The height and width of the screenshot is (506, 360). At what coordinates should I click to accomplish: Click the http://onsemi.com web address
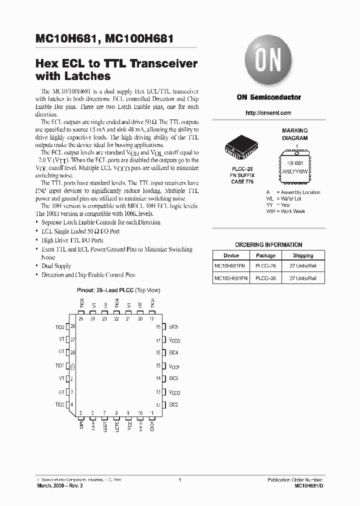[x=268, y=113]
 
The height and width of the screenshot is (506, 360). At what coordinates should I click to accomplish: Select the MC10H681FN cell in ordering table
[x=230, y=266]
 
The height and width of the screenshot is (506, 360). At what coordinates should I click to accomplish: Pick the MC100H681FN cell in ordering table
[x=230, y=278]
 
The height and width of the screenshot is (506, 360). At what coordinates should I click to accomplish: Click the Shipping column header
[x=303, y=255]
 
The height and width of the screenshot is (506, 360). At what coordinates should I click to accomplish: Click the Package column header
[x=265, y=255]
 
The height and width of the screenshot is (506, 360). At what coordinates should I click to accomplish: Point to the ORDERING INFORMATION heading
[x=268, y=245]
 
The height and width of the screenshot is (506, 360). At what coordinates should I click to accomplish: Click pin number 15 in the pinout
[x=158, y=366]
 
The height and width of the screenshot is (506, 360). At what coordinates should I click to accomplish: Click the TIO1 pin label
[x=59, y=366]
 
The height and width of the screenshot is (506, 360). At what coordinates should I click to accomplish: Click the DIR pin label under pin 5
[x=81, y=425]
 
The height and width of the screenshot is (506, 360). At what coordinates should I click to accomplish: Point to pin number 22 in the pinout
[x=116, y=318]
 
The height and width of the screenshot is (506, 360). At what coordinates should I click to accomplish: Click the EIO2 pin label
[x=173, y=404]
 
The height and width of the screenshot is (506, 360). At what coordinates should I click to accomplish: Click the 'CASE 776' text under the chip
[x=242, y=181]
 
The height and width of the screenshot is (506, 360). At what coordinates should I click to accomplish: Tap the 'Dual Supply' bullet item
[x=56, y=266]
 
